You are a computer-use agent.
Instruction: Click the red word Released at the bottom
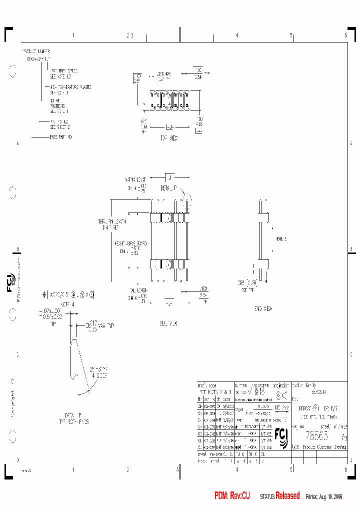(287, 495)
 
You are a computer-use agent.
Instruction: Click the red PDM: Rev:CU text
(232, 495)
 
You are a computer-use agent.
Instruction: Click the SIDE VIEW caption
(168, 323)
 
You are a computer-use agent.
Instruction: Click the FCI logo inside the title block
(281, 438)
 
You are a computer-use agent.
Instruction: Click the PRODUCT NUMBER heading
(36, 51)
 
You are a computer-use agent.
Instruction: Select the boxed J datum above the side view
(170, 177)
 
